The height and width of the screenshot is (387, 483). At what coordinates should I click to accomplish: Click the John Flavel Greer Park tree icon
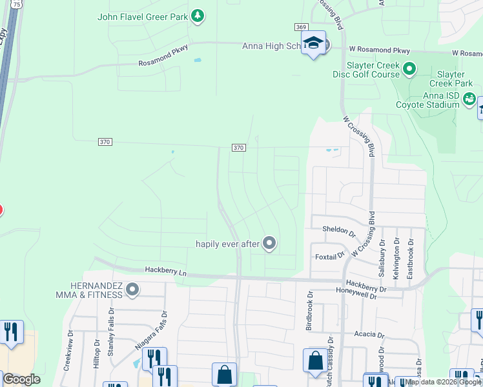[x=198, y=15]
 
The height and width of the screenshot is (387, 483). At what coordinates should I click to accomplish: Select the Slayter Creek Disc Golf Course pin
[x=409, y=68]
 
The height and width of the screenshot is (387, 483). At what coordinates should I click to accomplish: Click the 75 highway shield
[x=16, y=4]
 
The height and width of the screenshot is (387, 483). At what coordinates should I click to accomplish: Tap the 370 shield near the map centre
[x=238, y=148]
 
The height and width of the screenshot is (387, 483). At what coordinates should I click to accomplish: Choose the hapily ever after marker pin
[x=270, y=243]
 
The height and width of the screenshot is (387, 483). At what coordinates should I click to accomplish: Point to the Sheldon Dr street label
[x=339, y=230]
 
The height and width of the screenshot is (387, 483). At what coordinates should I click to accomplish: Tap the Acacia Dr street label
[x=369, y=335]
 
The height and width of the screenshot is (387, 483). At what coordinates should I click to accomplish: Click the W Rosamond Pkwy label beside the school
[x=379, y=49]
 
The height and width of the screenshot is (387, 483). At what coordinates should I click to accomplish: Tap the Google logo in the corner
[x=21, y=379]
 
